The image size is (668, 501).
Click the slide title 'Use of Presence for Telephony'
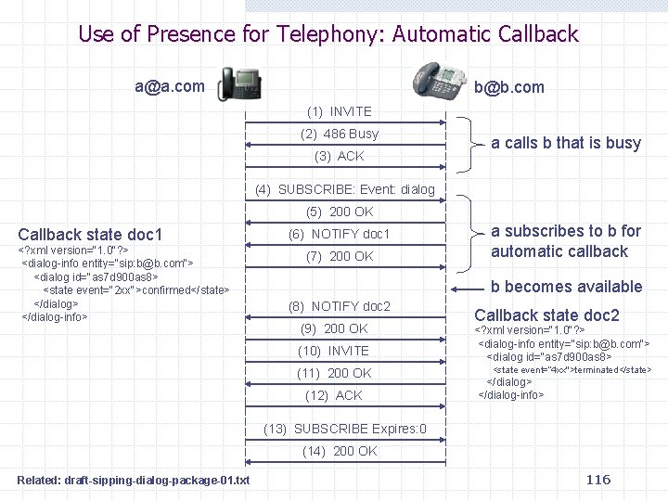328,34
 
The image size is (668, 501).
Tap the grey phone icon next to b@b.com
439,83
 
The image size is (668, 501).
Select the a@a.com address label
170,86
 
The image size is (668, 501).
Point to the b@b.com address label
509,87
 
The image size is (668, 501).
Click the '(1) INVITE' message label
339,111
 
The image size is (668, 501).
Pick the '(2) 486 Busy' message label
340,134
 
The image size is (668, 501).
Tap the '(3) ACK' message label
340,156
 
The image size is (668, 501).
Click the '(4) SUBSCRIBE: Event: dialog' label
345,189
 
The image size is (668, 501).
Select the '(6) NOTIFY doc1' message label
340,234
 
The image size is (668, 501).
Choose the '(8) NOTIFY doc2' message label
340,306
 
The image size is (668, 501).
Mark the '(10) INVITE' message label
333,351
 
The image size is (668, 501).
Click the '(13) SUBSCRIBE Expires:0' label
345,429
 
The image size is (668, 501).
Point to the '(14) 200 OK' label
340,451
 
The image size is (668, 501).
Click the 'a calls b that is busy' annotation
566,142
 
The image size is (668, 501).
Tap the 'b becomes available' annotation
566,287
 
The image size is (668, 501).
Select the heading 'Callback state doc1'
90,234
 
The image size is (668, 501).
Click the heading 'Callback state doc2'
546,315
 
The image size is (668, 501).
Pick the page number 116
598,479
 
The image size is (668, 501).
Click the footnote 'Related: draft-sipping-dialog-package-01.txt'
133,480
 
